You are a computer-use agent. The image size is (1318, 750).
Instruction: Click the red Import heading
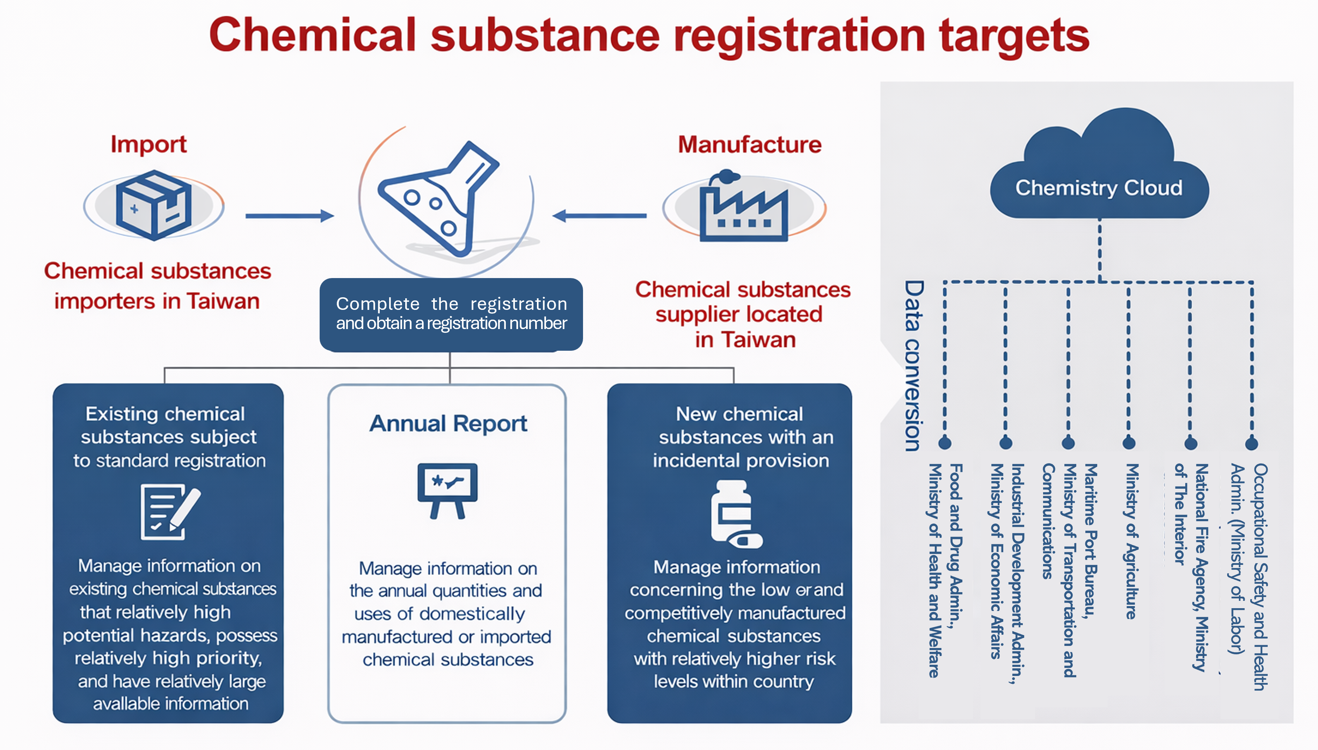click(148, 144)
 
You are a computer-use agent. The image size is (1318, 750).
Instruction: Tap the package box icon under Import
click(153, 205)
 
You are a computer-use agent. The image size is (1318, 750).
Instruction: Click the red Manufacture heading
click(749, 144)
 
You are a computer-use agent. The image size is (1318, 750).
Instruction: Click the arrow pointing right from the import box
click(290, 216)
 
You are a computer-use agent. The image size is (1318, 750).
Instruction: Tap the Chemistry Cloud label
click(1099, 188)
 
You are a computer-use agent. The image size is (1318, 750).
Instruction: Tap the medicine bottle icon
click(734, 514)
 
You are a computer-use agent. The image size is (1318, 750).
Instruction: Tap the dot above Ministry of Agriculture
click(1129, 443)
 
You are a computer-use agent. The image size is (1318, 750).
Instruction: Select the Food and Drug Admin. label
click(956, 546)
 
